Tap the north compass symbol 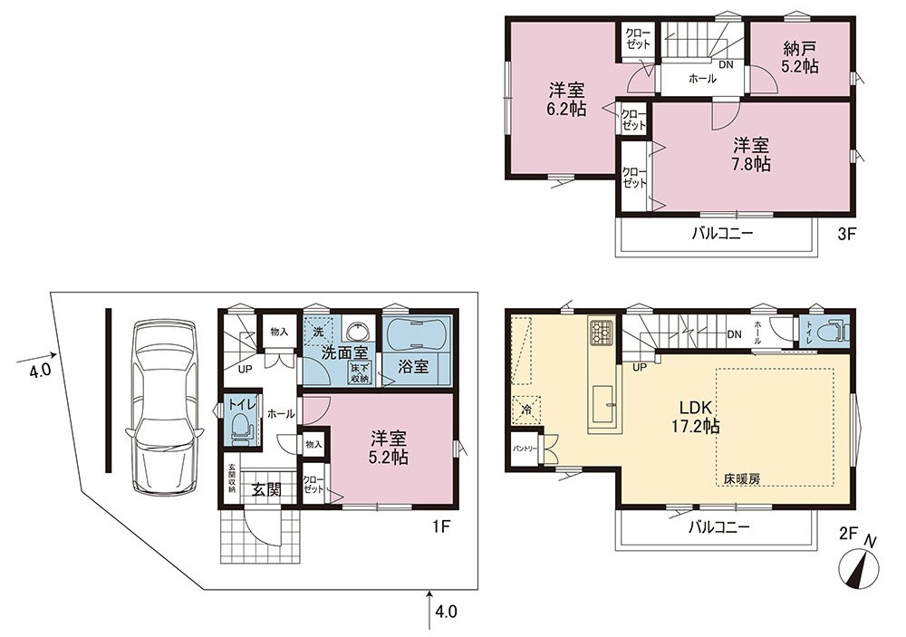pos(859,565)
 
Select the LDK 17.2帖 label pos(695,416)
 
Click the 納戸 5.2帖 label pos(800,57)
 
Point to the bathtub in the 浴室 pos(416,334)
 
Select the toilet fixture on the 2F pos(838,332)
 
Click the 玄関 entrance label pos(266,489)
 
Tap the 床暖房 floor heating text pos(742,478)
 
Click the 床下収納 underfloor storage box pos(360,373)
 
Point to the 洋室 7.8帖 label pos(751,154)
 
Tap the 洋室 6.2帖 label pos(566,100)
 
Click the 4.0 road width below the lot pos(446,611)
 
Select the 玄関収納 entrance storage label pos(232,478)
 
